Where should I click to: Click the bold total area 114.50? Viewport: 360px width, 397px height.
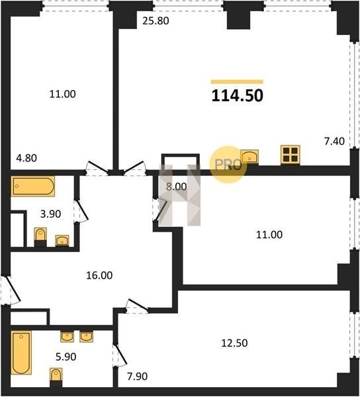click(237, 96)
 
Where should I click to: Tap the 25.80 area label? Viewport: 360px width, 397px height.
click(156, 21)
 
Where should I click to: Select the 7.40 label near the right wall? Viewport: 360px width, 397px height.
click(334, 142)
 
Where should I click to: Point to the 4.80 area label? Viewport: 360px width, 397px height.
click(26, 158)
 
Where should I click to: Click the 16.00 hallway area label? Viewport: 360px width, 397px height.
click(99, 275)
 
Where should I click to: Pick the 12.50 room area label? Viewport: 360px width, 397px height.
click(234, 343)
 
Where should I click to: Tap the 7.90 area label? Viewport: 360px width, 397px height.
click(137, 376)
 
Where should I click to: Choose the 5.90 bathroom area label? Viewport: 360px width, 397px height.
click(66, 357)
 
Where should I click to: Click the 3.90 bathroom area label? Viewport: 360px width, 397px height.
click(51, 214)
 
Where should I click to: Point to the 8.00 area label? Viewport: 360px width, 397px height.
click(177, 187)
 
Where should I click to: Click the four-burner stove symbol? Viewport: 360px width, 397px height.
click(291, 154)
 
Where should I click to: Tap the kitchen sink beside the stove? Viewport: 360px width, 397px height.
click(249, 156)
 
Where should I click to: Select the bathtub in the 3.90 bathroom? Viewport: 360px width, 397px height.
click(33, 187)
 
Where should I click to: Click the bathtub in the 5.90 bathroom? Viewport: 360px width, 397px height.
click(21, 353)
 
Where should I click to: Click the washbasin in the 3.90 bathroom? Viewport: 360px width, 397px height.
click(62, 241)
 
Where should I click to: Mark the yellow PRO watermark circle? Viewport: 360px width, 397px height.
click(228, 165)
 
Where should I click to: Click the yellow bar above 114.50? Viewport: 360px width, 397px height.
click(237, 81)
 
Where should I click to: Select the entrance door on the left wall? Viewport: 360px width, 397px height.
click(10, 290)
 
